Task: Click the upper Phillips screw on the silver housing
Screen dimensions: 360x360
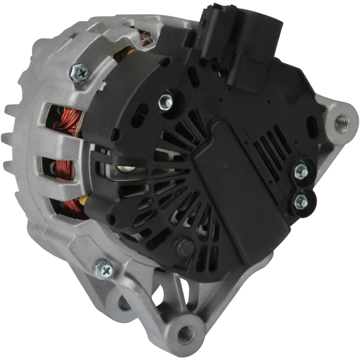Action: point(81,73)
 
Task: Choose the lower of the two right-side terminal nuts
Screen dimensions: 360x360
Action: point(301,201)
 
